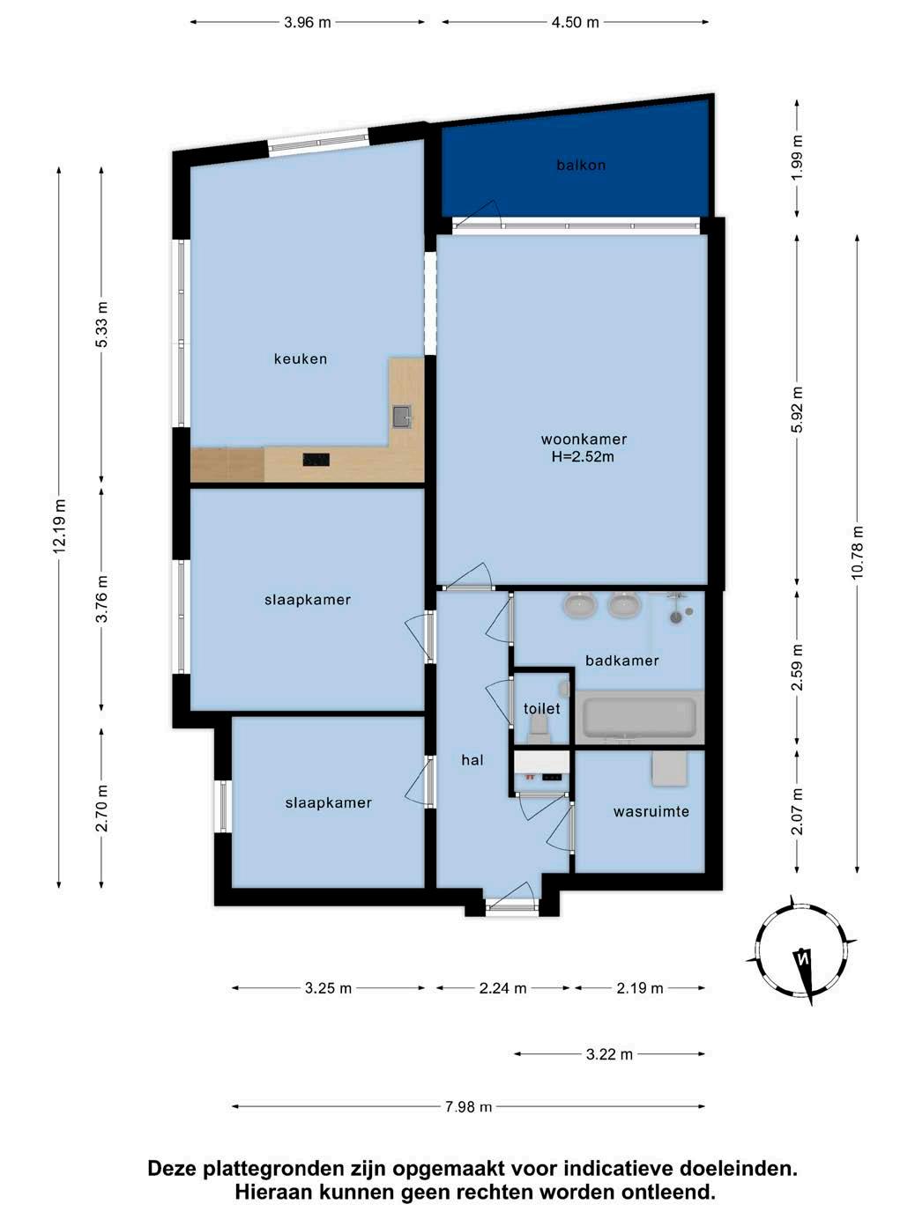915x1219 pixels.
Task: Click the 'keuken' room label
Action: point(301,358)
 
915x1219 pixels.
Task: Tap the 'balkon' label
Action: point(581,165)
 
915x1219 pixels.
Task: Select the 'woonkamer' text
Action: point(584,440)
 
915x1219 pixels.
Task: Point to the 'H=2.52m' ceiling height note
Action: point(583,458)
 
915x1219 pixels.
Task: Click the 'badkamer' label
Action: point(622,661)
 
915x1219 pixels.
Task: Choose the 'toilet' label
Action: point(541,709)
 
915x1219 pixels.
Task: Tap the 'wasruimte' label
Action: point(651,812)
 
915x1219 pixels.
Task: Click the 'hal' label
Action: point(472,760)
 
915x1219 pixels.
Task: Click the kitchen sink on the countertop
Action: point(402,417)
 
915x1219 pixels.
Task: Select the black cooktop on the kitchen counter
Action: point(316,459)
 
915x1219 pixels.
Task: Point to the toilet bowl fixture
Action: point(537,728)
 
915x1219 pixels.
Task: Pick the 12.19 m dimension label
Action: point(59,526)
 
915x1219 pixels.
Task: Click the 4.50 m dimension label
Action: point(576,23)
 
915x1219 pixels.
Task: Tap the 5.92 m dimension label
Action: point(797,410)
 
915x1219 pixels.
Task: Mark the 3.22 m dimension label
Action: point(609,1054)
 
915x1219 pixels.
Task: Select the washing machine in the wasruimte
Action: point(669,769)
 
